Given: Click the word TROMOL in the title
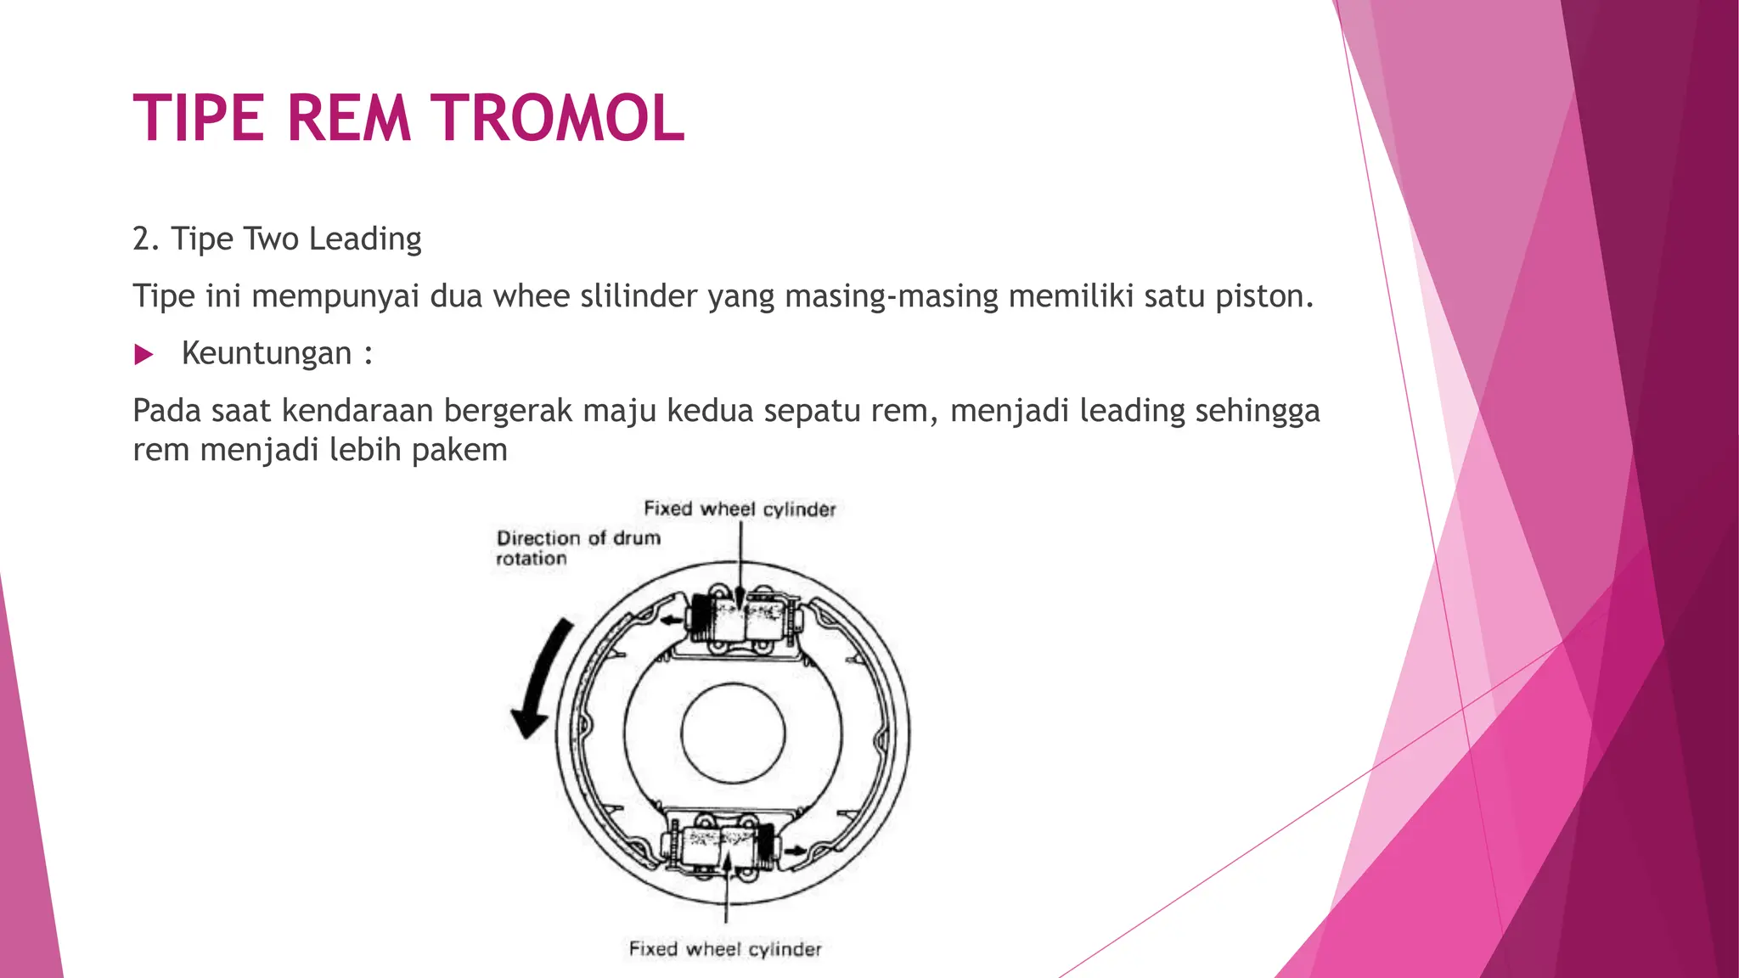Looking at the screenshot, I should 557,117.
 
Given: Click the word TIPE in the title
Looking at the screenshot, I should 199,117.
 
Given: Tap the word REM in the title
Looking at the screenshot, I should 348,117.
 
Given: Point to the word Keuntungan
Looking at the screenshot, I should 267,353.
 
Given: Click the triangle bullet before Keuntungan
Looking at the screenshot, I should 144,354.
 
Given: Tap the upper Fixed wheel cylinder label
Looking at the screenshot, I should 740,509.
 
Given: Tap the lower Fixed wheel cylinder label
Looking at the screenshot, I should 725,949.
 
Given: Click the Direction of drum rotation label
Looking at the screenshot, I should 577,548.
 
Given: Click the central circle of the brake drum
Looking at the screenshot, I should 733,733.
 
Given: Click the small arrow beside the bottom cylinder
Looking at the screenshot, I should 796,850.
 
